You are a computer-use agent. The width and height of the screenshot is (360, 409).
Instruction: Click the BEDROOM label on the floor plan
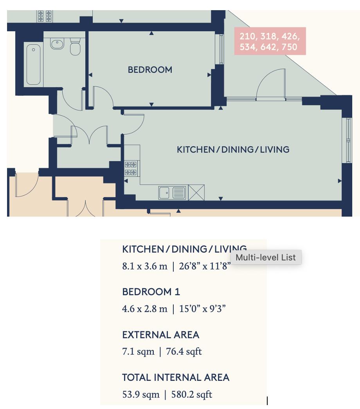coord(150,70)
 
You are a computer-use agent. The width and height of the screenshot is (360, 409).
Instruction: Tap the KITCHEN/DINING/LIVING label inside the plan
coord(233,149)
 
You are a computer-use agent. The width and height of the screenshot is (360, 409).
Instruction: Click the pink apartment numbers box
coord(270,41)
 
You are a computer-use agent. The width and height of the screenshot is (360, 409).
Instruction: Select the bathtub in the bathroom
coord(33,65)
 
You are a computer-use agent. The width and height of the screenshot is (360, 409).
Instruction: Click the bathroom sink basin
coord(57,44)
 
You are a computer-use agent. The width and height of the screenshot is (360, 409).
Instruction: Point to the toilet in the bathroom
coord(75,47)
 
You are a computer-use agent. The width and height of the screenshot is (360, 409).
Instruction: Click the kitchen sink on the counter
coord(172,193)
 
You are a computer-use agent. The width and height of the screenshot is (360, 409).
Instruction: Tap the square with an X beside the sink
coord(196,193)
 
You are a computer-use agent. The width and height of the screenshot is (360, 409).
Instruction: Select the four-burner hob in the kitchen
coord(131,169)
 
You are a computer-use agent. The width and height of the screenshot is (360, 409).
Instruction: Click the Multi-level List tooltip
coord(266,257)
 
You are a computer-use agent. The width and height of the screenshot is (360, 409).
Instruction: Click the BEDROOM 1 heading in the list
coord(151,292)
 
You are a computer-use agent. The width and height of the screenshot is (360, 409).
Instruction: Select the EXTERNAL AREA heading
coord(160,335)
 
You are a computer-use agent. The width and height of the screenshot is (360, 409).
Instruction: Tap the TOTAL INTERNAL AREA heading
coord(176,377)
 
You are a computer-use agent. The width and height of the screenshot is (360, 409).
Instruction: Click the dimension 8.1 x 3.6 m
coord(144,266)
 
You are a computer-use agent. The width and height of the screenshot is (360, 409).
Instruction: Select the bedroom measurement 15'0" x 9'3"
coord(202,309)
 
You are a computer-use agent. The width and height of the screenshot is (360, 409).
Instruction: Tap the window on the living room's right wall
coord(347,140)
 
